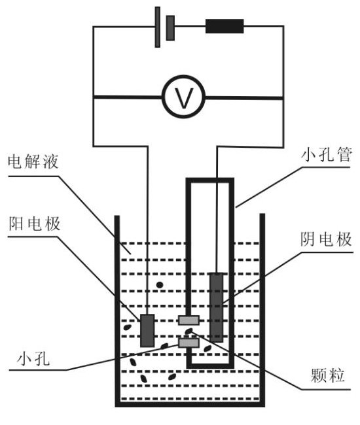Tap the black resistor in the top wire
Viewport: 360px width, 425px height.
(225, 26)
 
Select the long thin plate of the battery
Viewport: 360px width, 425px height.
(158, 27)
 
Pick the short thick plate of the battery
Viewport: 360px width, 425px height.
(170, 27)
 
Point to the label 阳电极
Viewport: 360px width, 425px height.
(33, 224)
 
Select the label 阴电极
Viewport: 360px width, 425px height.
(327, 239)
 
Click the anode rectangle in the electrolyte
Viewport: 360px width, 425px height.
(148, 330)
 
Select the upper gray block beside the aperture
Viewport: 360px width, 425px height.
(189, 320)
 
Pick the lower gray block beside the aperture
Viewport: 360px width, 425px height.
(189, 343)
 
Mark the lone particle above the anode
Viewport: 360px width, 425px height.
(159, 285)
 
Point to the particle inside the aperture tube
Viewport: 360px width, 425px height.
(208, 348)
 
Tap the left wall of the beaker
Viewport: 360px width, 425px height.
(118, 307)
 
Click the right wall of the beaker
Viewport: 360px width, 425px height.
(262, 307)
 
